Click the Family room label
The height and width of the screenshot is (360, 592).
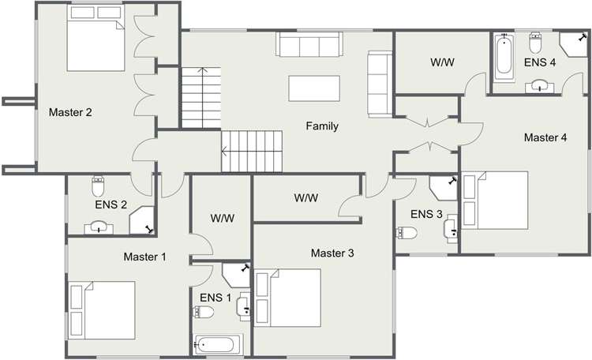coord(322,126)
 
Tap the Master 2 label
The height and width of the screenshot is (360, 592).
coord(71,112)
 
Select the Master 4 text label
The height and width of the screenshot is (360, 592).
coord(545,137)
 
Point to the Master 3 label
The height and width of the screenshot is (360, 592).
coord(332,253)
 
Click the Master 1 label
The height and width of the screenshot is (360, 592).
coord(145,257)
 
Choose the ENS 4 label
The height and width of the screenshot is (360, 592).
coord(541,62)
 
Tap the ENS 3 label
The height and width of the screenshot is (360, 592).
coord(426,214)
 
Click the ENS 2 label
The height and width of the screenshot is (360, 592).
coord(111,204)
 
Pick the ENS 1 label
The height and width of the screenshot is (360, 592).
coord(216,298)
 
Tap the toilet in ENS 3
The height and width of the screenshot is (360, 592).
coord(407,232)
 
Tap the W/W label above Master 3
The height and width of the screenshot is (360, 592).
coord(306,197)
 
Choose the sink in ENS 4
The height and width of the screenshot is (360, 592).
coord(540,85)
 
